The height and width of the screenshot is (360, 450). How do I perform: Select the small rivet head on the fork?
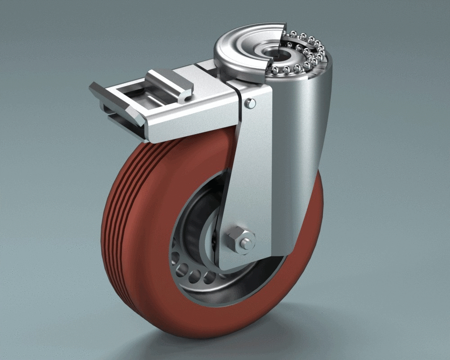click(x=251, y=103)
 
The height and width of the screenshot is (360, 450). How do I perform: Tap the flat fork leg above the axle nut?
click(x=245, y=180)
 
